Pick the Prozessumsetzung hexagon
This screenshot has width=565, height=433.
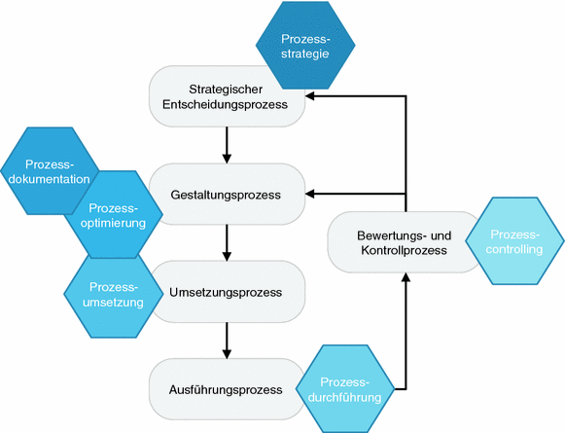(x=115, y=294)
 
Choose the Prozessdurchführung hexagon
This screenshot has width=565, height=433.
(x=347, y=388)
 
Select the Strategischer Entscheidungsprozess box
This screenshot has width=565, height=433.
(x=228, y=96)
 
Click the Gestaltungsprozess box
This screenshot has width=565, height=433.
(x=228, y=195)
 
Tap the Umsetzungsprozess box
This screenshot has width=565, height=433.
(x=228, y=292)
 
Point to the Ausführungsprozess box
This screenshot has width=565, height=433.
(x=228, y=389)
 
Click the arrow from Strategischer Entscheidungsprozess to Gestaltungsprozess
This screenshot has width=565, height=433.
(x=227, y=144)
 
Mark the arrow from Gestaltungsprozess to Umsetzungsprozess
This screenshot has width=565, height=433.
(x=227, y=242)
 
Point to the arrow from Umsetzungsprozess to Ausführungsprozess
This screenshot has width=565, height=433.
(x=227, y=340)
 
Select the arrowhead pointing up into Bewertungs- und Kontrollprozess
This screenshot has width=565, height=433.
(x=406, y=279)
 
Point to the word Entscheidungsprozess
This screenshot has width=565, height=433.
(x=228, y=105)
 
